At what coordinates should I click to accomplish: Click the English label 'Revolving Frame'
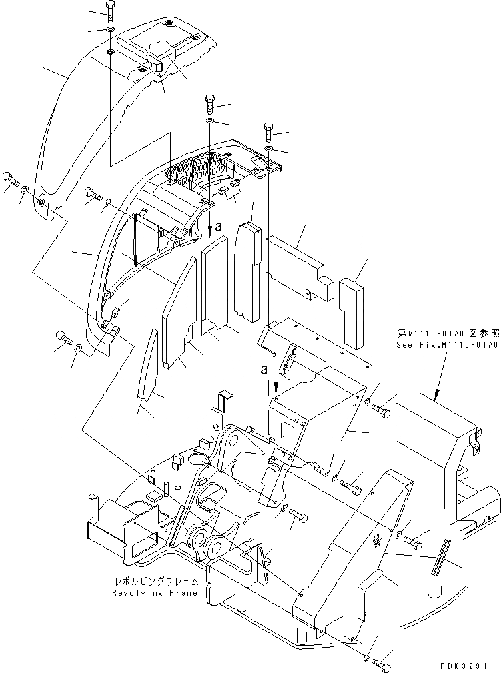[x=155, y=593]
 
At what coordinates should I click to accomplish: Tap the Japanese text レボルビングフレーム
[x=155, y=582]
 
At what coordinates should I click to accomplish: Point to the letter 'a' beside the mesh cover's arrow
[x=219, y=227]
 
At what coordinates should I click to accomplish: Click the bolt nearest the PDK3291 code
[x=382, y=664]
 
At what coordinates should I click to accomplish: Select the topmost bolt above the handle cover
[x=110, y=9]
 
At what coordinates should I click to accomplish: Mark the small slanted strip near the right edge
[x=440, y=556]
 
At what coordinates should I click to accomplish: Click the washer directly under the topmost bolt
[x=110, y=30]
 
